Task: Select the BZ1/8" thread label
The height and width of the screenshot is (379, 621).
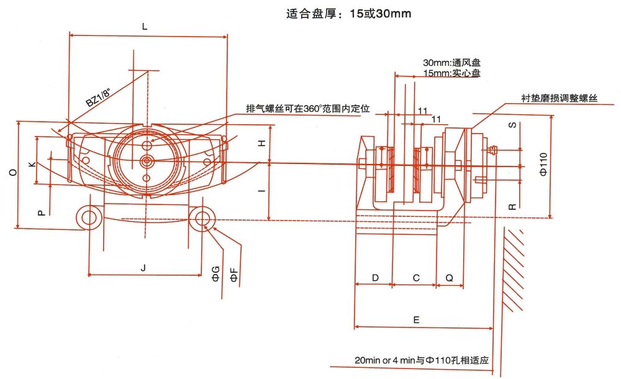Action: (99, 96)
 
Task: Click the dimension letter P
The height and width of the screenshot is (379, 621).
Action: (41, 212)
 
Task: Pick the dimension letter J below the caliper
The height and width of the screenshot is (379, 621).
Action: (143, 268)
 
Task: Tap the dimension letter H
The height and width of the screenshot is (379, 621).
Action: (262, 142)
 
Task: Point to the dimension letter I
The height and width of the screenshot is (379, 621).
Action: (262, 191)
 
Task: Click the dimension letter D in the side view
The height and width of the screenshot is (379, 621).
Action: (375, 278)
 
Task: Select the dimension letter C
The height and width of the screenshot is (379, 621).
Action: (416, 278)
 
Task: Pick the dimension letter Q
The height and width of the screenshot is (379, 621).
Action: (450, 278)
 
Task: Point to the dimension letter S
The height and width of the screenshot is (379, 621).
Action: (512, 125)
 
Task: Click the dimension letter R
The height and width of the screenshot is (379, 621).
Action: (512, 205)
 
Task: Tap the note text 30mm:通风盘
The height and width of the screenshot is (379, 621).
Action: (452, 63)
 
